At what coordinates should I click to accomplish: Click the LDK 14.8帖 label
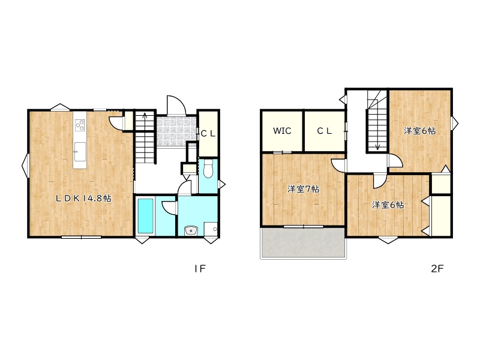click(83, 199)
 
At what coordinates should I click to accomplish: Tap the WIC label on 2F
click(282, 131)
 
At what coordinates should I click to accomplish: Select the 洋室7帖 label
click(303, 189)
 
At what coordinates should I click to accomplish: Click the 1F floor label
click(199, 269)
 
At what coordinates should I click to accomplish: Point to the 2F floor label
click(437, 269)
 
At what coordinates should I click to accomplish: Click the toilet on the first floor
click(208, 169)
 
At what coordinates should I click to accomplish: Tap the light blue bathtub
click(145, 216)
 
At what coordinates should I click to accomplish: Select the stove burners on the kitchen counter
click(80, 125)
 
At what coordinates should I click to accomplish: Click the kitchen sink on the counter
click(80, 152)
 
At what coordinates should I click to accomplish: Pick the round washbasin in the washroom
click(191, 230)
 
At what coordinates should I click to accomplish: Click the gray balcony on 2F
click(303, 243)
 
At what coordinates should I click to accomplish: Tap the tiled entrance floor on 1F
click(176, 131)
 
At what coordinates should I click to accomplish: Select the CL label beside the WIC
click(325, 131)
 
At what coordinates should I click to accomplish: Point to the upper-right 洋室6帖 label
click(419, 131)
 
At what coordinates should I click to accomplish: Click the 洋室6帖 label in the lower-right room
click(388, 205)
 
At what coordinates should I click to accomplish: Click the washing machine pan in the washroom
click(211, 229)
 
